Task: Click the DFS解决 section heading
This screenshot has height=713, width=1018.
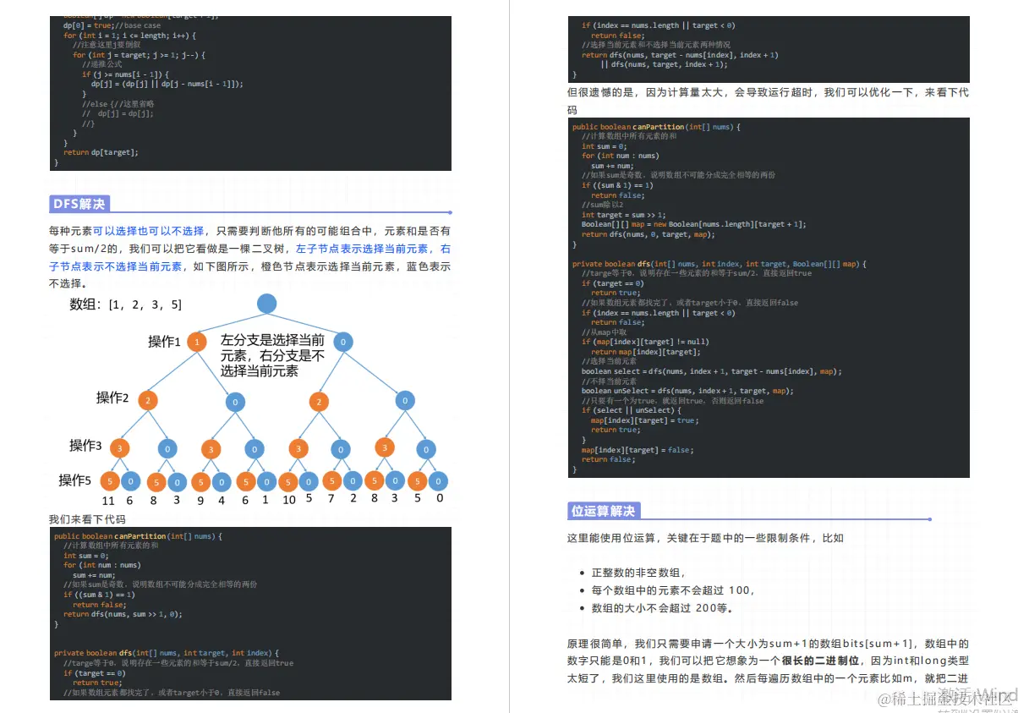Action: pyautogui.click(x=79, y=204)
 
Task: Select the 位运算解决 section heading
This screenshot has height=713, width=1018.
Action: pyautogui.click(x=603, y=511)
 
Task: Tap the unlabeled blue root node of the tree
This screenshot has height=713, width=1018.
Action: pyautogui.click(x=266, y=304)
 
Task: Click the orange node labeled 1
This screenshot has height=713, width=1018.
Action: pyautogui.click(x=197, y=342)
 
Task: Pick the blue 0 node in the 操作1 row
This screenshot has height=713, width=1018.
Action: pyautogui.click(x=342, y=342)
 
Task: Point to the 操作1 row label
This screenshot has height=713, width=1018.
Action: pyautogui.click(x=165, y=342)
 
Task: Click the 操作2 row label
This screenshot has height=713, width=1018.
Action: pyautogui.click(x=112, y=398)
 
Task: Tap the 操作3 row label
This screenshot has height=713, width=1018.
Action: pyautogui.click(x=85, y=445)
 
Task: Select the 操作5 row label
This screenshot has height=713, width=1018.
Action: pyautogui.click(x=74, y=480)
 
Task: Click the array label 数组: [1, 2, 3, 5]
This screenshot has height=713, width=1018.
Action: pyautogui.click(x=125, y=304)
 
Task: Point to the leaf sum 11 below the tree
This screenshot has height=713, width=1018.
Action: pyautogui.click(x=107, y=500)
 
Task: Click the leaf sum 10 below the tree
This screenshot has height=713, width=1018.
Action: pyautogui.click(x=288, y=500)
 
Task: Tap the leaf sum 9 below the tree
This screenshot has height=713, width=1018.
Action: pyautogui.click(x=200, y=500)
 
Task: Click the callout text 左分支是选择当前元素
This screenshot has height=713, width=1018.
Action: pyautogui.click(x=272, y=348)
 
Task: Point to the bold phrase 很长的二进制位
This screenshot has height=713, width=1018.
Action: pyautogui.click(x=820, y=661)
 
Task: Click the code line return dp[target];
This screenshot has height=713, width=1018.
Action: pyautogui.click(x=101, y=152)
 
